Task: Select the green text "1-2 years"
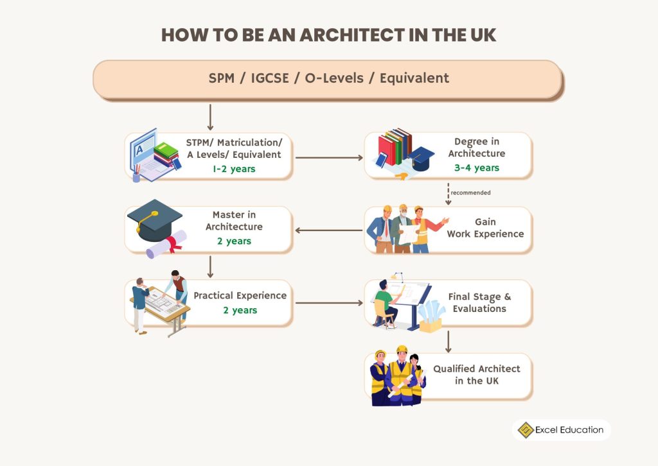234,169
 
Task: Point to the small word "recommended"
470,192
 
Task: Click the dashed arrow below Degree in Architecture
448,193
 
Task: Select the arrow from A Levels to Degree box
328,157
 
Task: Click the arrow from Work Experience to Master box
328,230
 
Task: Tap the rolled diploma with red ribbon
164,245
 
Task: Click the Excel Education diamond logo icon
526,429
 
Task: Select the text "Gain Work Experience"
485,228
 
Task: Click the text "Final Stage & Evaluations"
479,302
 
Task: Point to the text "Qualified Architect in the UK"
476,375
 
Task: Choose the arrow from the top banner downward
210,117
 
